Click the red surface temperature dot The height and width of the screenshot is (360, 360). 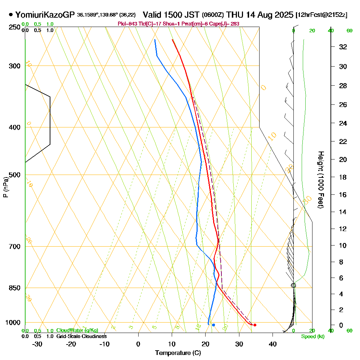coord(255,325)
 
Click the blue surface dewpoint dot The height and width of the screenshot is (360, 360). coord(213,325)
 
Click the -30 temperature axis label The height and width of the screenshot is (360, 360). coord(37,344)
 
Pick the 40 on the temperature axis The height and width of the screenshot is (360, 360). coord(273,344)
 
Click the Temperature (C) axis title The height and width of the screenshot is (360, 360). coord(178,353)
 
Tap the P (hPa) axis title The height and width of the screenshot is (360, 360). coord(6,187)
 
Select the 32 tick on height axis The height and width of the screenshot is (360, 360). coord(343,47)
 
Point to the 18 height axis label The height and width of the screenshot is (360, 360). coord(343,177)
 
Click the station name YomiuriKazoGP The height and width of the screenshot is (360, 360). coord(45,15)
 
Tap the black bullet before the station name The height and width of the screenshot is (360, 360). coord(11,15)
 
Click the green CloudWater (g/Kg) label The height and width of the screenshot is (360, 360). coord(77,330)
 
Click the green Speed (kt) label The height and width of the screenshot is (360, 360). coord(312,337)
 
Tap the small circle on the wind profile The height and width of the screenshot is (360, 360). coord(293,285)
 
